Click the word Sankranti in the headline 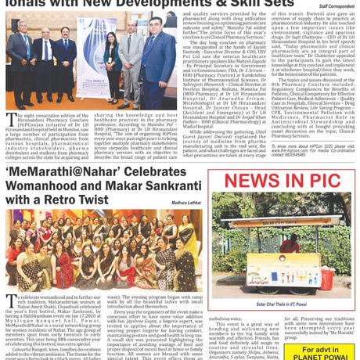[173, 187]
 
